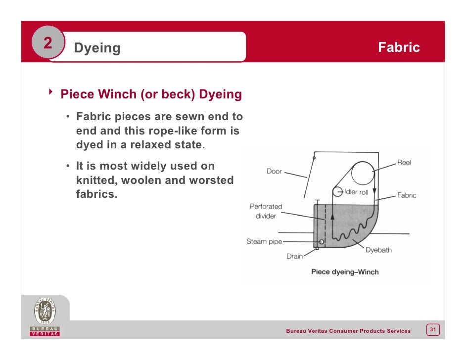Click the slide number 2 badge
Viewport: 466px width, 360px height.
click(x=47, y=44)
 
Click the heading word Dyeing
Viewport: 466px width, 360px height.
click(x=97, y=48)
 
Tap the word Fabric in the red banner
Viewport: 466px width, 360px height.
click(x=399, y=47)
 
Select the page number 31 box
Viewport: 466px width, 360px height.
click(x=433, y=329)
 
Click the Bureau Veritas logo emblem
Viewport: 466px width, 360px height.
click(x=45, y=312)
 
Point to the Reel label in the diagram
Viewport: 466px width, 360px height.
click(x=404, y=163)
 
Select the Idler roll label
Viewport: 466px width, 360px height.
click(x=356, y=192)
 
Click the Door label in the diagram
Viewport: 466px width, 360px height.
click(x=274, y=172)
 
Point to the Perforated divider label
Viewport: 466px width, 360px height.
click(x=266, y=211)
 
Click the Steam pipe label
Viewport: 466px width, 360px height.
click(x=264, y=242)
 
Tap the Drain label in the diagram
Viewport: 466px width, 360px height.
click(x=294, y=257)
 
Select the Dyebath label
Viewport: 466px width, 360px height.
click(x=378, y=250)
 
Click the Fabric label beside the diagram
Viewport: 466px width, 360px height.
click(x=407, y=195)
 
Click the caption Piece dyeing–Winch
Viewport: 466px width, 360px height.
click(x=344, y=271)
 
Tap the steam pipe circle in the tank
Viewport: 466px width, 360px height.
click(x=322, y=242)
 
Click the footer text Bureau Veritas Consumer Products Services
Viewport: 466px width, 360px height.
click(x=348, y=331)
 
